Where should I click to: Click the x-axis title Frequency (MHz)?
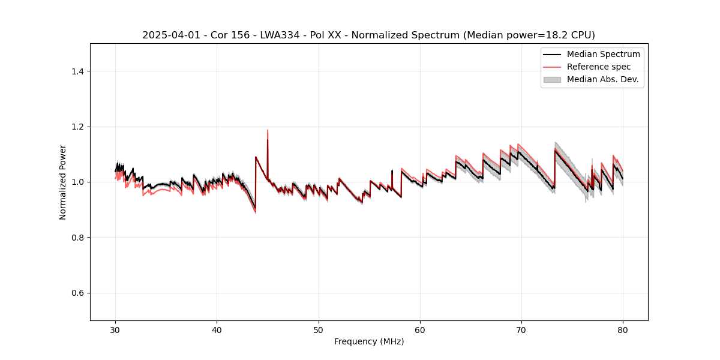[369, 341]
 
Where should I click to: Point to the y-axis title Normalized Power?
[63, 182]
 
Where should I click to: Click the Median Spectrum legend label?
[603, 54]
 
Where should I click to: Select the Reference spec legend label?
[599, 67]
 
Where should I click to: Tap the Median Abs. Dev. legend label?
[603, 79]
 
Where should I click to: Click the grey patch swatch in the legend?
[552, 79]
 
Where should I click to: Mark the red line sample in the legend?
[552, 67]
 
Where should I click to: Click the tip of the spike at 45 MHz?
[268, 130]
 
